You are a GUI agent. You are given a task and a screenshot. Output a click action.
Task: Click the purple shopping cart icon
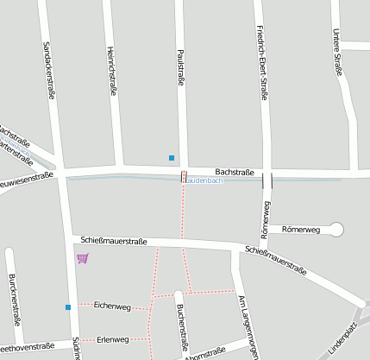[x=82, y=258]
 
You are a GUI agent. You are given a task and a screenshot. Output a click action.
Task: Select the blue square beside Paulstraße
[x=172, y=157]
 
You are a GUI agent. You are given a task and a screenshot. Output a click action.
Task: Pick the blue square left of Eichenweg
[x=67, y=306]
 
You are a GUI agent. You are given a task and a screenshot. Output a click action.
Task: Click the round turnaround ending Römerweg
[x=336, y=229]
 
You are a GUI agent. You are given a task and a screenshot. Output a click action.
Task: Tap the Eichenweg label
[x=112, y=306]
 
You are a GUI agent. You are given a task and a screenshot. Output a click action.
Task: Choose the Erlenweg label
[x=112, y=339]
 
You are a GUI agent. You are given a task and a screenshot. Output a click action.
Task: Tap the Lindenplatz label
[x=342, y=339]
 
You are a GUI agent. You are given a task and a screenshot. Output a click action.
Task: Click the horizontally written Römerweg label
[x=301, y=230]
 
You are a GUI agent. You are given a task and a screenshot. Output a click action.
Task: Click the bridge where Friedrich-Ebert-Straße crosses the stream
[x=267, y=180]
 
